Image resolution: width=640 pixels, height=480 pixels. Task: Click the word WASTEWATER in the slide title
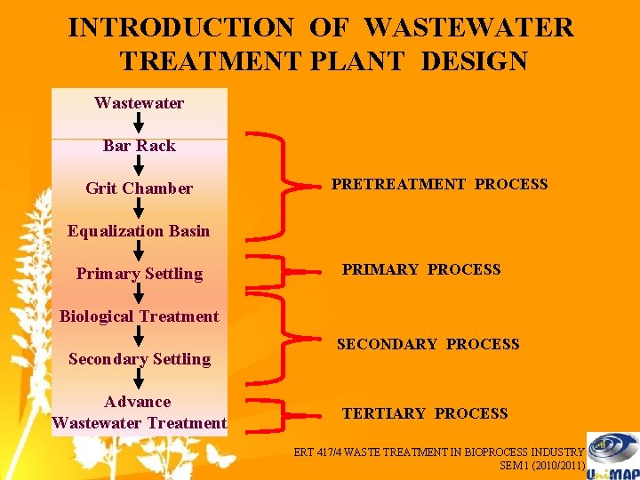(469, 28)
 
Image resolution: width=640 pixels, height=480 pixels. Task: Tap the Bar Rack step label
(140, 146)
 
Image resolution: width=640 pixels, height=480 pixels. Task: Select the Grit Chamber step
(140, 188)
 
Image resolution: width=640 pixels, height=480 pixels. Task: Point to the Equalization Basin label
(140, 231)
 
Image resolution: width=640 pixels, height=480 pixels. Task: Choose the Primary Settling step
(140, 274)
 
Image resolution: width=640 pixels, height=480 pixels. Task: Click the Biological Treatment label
(140, 316)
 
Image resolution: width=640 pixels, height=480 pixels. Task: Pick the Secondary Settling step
(140, 359)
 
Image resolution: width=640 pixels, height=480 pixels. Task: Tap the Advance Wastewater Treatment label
(140, 412)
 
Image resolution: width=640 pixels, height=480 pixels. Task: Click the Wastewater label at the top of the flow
(140, 103)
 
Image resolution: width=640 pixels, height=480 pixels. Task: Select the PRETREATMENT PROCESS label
(440, 185)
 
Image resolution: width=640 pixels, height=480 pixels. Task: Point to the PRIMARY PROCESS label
(421, 269)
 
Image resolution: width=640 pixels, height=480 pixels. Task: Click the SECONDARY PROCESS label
(428, 344)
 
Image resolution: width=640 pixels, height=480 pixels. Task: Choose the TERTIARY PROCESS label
(425, 413)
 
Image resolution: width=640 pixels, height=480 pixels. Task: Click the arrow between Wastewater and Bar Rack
(140, 124)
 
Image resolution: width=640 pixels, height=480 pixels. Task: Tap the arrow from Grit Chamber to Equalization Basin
(140, 209)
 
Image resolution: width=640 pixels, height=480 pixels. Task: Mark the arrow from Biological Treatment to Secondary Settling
(140, 337)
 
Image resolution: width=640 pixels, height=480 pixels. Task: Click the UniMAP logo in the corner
(612, 454)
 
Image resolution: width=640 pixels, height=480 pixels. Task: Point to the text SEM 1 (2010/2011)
(541, 465)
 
